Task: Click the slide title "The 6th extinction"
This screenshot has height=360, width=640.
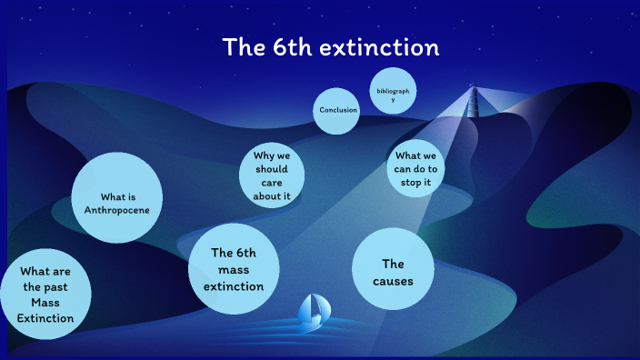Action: [331, 48]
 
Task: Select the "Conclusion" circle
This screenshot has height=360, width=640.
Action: [338, 110]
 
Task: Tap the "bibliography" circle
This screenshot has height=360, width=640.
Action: [394, 95]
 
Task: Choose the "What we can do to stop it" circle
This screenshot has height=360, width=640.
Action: [415, 169]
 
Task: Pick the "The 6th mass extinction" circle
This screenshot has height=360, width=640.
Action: [234, 269]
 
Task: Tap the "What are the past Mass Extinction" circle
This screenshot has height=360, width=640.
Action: [45, 295]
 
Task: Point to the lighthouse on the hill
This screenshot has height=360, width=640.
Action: [472, 101]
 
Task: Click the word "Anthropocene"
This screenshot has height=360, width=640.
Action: [117, 210]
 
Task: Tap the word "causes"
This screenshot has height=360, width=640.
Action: [392, 281]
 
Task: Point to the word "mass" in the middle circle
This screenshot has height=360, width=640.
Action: [234, 270]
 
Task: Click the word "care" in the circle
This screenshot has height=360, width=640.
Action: [272, 183]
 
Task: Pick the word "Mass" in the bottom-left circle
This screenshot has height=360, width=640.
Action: [45, 303]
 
